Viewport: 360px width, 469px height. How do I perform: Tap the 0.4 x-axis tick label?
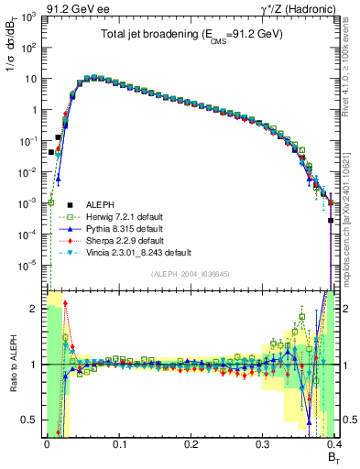(333, 442)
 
